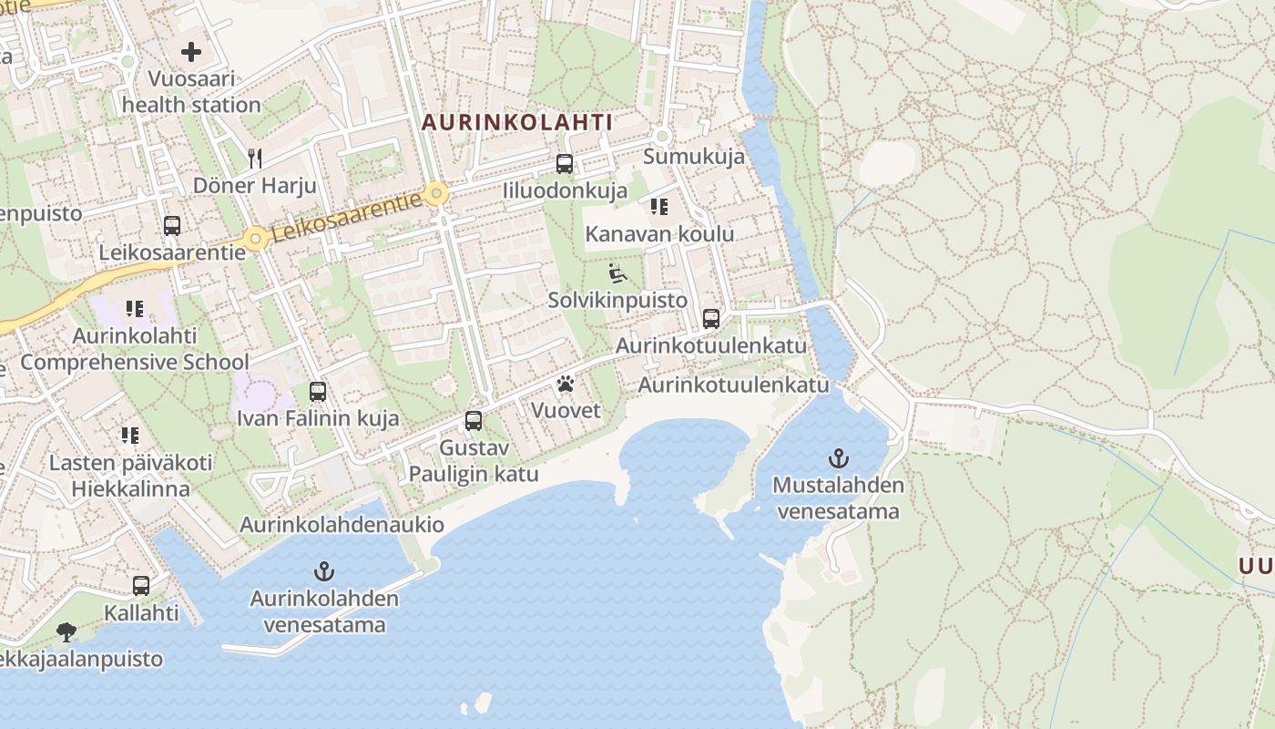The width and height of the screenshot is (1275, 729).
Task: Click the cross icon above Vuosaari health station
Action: (x=191, y=52)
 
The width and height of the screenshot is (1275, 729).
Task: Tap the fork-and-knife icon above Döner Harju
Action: (x=255, y=159)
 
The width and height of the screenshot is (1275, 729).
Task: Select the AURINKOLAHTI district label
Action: (x=516, y=121)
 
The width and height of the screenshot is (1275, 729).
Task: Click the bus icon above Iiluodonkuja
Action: (x=565, y=164)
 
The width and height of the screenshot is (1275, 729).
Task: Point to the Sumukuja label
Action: (x=694, y=156)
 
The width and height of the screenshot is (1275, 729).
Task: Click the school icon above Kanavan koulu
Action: (x=659, y=207)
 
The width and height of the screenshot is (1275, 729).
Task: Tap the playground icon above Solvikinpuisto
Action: (x=617, y=272)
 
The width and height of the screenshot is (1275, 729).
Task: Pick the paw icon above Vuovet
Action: (x=566, y=384)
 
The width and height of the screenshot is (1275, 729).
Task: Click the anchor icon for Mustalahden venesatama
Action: (x=838, y=457)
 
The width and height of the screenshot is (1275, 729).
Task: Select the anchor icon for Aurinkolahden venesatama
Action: (x=324, y=571)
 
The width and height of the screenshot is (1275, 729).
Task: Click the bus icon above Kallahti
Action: (x=141, y=585)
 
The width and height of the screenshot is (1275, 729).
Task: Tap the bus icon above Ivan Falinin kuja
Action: (x=318, y=392)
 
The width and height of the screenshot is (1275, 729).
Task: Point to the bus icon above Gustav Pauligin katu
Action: (x=474, y=420)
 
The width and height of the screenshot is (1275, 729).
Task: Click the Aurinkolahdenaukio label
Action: (x=342, y=525)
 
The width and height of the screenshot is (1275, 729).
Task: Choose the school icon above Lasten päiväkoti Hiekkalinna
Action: (x=131, y=436)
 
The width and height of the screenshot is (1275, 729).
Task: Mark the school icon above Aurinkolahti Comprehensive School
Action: (x=135, y=309)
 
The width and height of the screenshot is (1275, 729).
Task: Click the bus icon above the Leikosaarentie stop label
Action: (x=172, y=225)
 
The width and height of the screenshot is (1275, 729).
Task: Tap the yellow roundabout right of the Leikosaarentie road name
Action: (x=438, y=193)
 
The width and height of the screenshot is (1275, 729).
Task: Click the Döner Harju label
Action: (x=255, y=186)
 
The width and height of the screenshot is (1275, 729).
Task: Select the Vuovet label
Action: (x=566, y=410)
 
